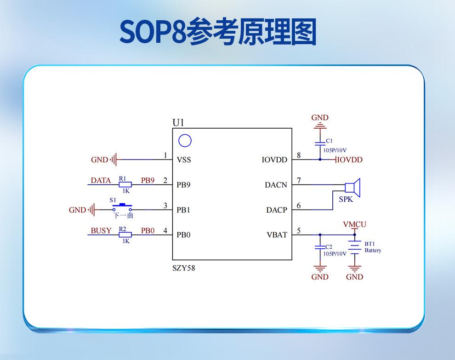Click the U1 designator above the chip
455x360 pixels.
[178, 122]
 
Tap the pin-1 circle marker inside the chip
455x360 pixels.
[185, 141]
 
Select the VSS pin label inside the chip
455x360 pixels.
[183, 160]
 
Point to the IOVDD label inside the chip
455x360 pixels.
[274, 160]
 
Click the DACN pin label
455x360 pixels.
[276, 185]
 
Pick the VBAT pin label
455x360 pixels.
[277, 234]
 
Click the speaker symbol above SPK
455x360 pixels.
[353, 187]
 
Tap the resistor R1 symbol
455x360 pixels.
[125, 184]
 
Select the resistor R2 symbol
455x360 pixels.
[125, 234]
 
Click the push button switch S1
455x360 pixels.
[123, 207]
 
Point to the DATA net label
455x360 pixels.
[101, 181]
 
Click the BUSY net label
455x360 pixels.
[101, 231]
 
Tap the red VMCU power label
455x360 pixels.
[355, 224]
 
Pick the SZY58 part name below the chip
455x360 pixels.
[183, 268]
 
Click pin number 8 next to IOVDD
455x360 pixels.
[299, 155]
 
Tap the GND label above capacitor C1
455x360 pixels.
[320, 118]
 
